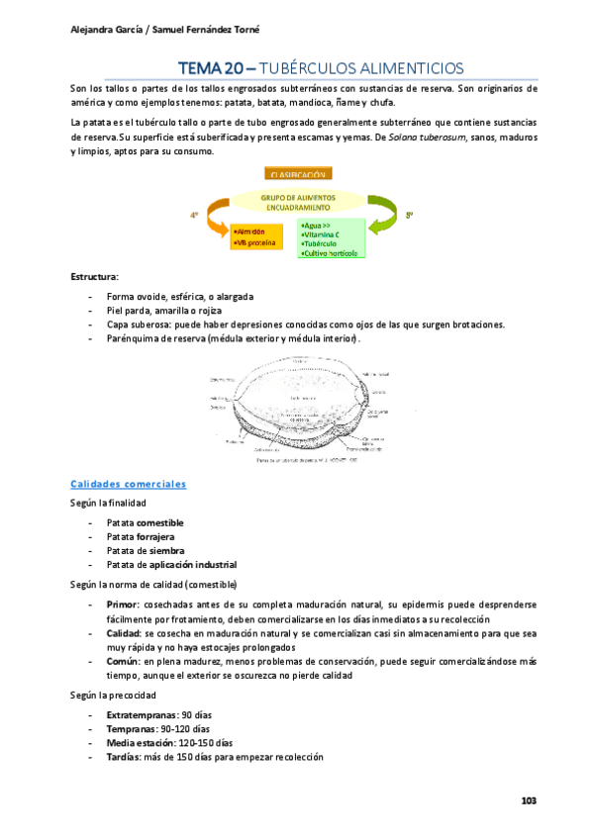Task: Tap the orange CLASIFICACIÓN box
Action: point(297,173)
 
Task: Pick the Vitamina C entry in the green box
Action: point(325,234)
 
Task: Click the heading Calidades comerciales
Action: point(129,456)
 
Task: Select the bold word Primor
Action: point(124,603)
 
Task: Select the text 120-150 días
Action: point(206,742)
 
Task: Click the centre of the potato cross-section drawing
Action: point(297,396)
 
